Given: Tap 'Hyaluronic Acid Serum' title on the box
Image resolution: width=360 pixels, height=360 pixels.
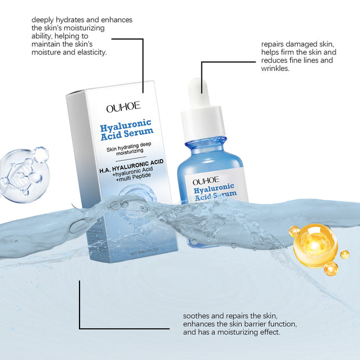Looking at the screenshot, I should click(x=125, y=131).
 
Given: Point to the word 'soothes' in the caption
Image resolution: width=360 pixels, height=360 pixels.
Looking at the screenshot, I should click(x=198, y=315).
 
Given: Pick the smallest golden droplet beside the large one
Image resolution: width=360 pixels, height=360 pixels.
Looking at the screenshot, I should click(x=345, y=254).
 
